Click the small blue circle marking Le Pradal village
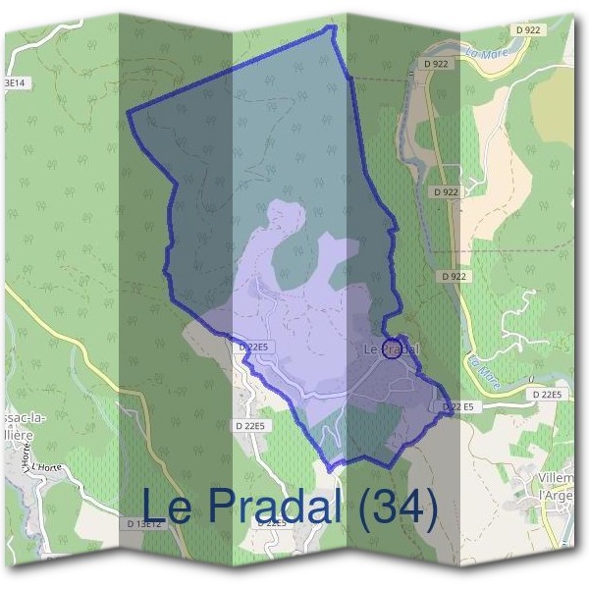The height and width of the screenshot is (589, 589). [x=391, y=348]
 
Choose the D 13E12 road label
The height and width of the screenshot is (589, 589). [x=144, y=524]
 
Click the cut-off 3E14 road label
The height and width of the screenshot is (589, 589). [x=13, y=84]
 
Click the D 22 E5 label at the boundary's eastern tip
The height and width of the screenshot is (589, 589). [x=457, y=406]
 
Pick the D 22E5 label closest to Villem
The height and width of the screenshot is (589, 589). [x=547, y=395]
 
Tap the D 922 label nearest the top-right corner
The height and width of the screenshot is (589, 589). [x=526, y=30]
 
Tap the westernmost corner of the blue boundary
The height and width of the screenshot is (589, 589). [x=129, y=113]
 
